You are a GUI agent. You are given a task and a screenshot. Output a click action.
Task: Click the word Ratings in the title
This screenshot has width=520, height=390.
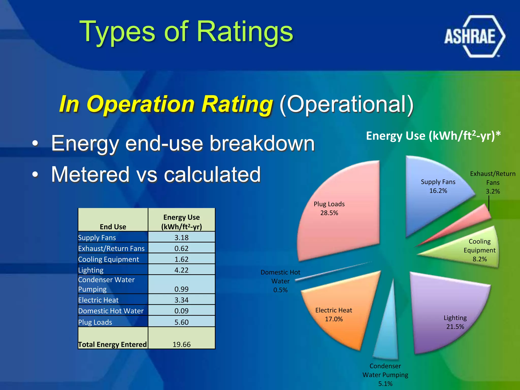pos(245,31)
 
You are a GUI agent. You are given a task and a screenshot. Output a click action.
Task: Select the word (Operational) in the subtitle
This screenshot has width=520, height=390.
pos(346,104)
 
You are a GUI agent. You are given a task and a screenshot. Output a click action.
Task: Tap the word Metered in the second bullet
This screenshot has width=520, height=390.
pos(90,174)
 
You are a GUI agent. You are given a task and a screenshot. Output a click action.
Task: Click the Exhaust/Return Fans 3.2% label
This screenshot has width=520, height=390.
pos(493,183)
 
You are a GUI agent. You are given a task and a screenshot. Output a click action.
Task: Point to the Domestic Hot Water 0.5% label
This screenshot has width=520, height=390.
pos(280,281)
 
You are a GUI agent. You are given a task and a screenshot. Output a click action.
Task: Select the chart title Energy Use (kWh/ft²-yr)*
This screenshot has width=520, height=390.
pos(433,136)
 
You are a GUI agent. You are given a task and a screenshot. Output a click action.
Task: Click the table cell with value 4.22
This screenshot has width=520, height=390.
pos(181,270)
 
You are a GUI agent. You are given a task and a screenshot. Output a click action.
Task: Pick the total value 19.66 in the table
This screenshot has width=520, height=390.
pos(181,344)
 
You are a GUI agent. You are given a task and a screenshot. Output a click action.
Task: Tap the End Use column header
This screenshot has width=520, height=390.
pos(113,226)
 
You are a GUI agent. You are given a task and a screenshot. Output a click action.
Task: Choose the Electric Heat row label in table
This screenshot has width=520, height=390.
pos(98,300)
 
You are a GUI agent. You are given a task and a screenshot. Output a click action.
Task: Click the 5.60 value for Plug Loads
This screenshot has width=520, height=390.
pos(181,322)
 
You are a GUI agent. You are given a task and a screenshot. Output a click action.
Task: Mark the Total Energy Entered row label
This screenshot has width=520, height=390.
pos(112,344)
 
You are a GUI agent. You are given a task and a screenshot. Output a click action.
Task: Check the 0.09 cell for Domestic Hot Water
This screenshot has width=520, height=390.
pos(181,311)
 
